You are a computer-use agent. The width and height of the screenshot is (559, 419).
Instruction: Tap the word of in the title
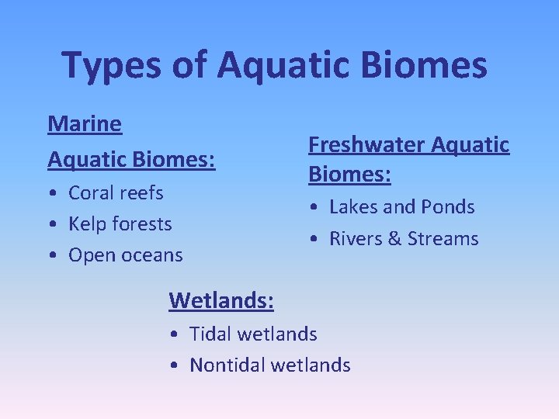point(186,65)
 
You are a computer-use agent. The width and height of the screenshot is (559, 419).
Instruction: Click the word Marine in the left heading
point(85,123)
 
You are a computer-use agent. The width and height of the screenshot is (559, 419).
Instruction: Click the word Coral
point(92,192)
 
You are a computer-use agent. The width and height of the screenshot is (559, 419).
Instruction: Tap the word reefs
point(142,192)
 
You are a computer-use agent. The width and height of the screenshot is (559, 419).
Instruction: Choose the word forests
point(142,223)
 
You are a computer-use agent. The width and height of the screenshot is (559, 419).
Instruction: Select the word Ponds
point(448,207)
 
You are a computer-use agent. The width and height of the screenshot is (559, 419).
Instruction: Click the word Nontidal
point(224,365)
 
